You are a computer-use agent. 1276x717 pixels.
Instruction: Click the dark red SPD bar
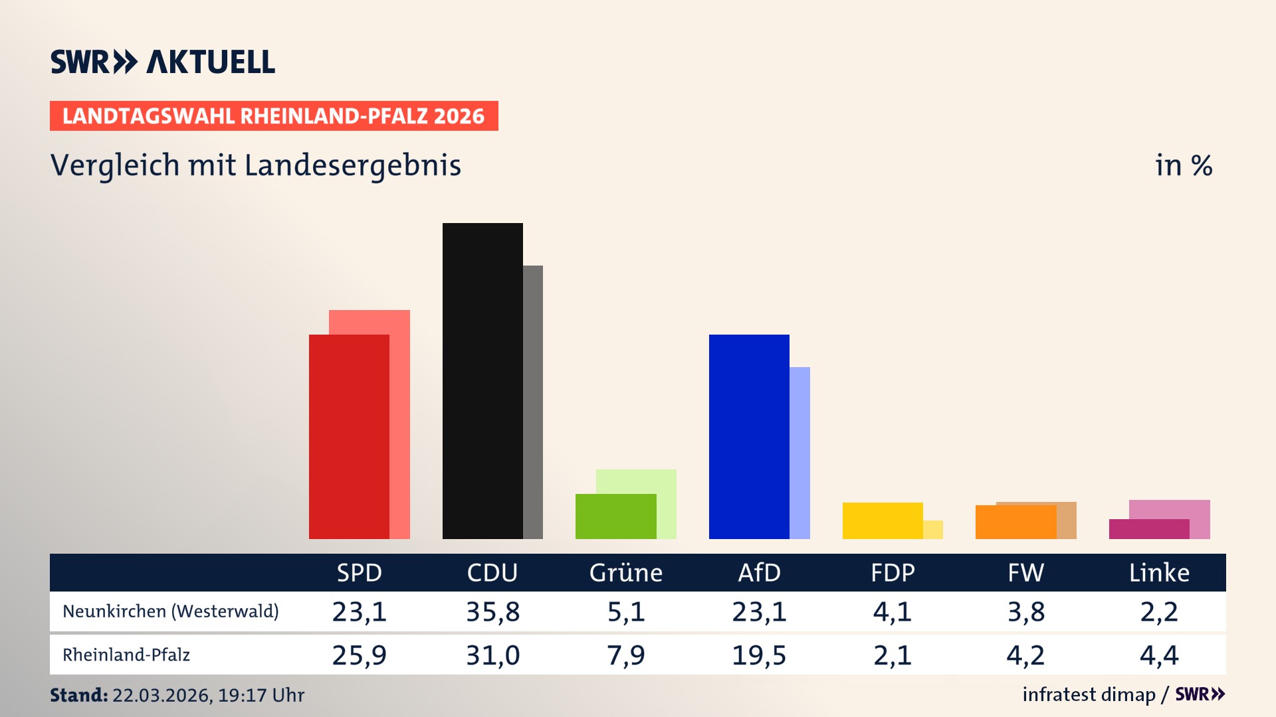(349, 436)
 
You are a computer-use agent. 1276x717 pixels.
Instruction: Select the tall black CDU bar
(482, 380)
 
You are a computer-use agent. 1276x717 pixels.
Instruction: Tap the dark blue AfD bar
(749, 436)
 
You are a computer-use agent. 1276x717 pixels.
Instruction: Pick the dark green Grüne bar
(615, 517)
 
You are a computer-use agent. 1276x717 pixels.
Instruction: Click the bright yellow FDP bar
(883, 520)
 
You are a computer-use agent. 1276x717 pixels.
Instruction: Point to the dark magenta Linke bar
(1149, 529)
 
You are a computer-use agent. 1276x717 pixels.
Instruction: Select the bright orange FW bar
(1015, 522)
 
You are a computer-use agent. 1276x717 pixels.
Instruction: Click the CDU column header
(492, 572)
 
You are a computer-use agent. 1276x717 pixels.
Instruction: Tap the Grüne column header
(625, 572)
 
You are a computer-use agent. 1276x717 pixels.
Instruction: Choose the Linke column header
(1159, 572)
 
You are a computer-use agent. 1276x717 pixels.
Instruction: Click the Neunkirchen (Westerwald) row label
(171, 611)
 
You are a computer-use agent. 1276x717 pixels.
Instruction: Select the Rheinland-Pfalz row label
(126, 655)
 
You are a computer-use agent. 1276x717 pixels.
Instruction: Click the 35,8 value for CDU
(492, 611)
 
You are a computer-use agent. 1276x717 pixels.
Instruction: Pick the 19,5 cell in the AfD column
(759, 655)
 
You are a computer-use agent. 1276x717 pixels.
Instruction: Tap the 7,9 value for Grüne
(625, 655)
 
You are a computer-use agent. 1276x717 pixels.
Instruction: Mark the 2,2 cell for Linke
(1159, 611)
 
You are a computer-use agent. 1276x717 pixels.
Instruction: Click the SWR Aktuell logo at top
(163, 62)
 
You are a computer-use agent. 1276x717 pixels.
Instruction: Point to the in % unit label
(1184, 165)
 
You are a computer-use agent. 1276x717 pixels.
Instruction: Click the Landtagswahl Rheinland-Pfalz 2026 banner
(274, 116)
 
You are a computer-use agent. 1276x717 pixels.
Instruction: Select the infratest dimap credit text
(1089, 694)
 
